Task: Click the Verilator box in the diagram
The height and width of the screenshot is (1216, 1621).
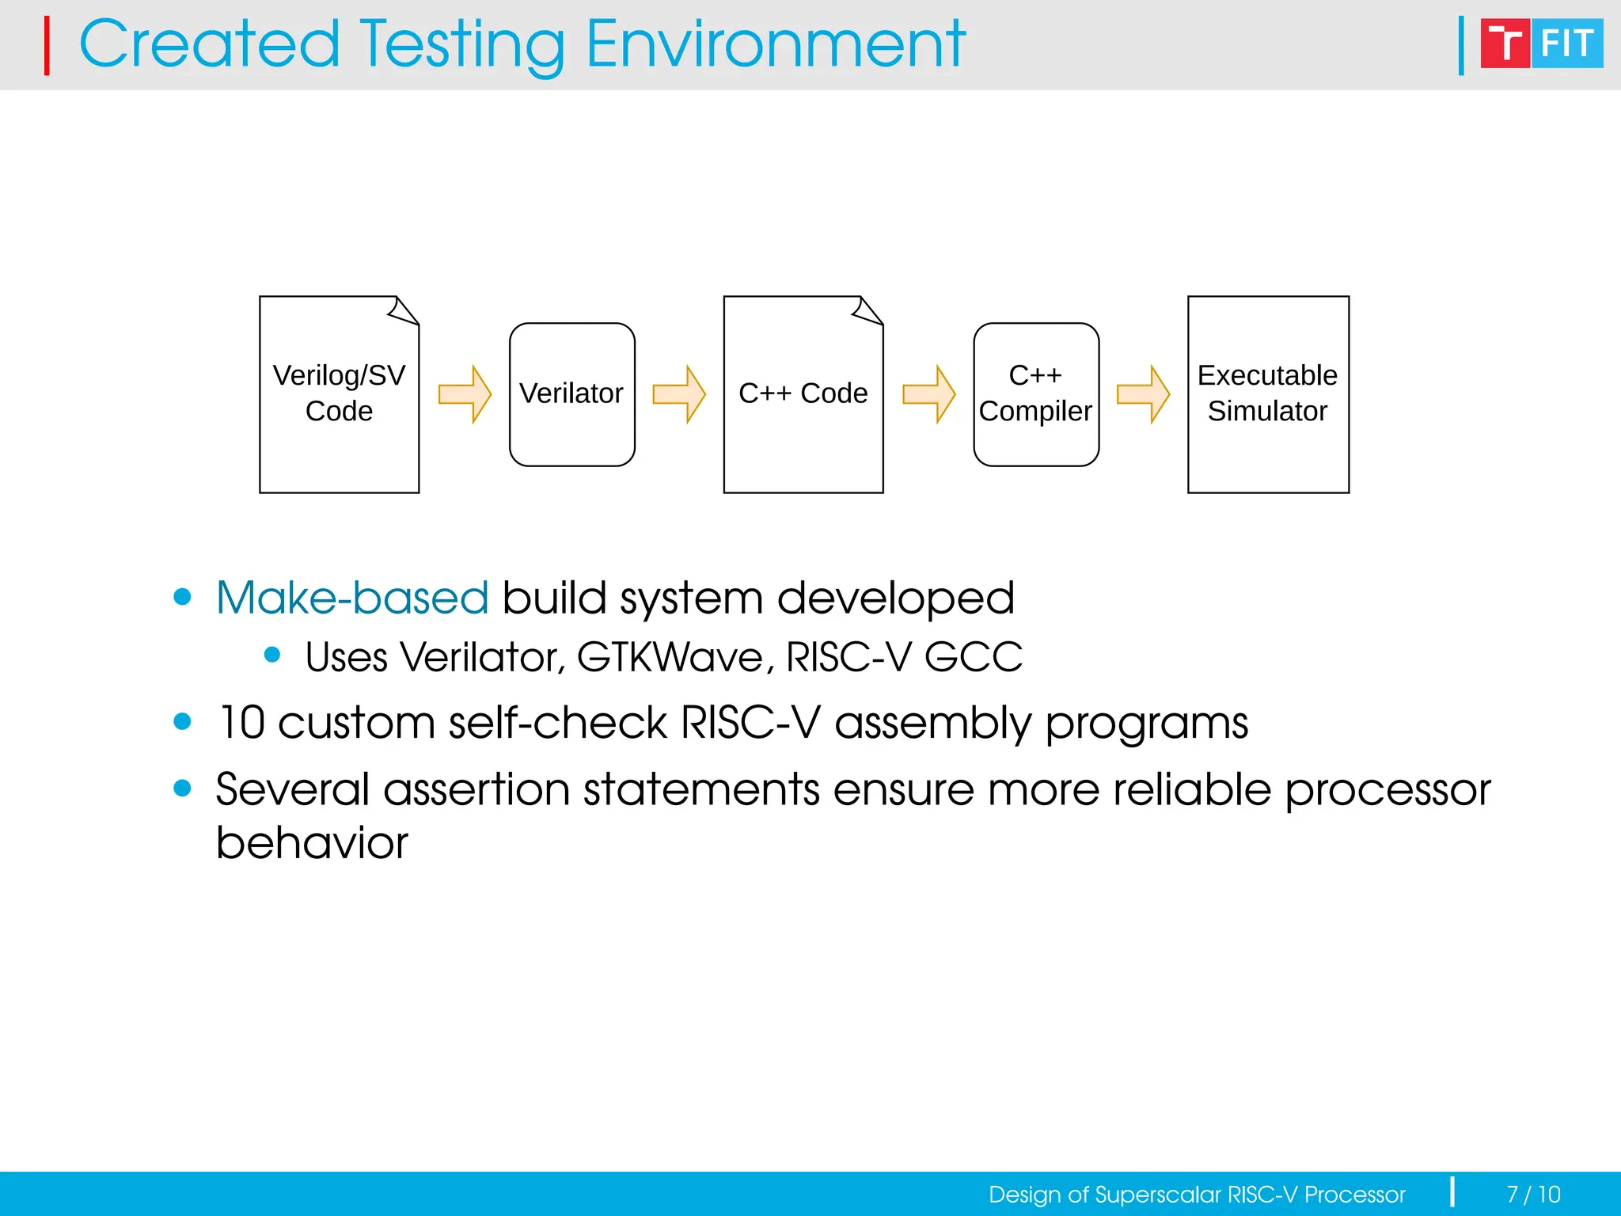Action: pyautogui.click(x=571, y=393)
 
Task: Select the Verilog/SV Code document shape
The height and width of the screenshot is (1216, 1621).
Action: pyautogui.click(x=339, y=393)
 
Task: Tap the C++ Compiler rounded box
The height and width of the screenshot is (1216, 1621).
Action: pyautogui.click(x=1035, y=393)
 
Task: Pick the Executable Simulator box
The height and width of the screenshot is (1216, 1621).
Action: pyautogui.click(x=1267, y=393)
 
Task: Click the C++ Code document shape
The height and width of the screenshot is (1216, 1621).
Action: pyautogui.click(x=803, y=393)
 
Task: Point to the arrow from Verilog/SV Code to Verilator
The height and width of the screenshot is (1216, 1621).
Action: pyautogui.click(x=465, y=393)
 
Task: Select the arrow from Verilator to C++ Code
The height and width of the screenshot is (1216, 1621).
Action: pyautogui.click(x=679, y=393)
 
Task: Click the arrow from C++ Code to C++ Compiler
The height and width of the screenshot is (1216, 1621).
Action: pyautogui.click(x=929, y=393)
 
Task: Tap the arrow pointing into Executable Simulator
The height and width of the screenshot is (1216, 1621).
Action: pyautogui.click(x=1143, y=393)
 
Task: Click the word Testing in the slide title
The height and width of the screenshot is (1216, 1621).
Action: pyautogui.click(x=463, y=45)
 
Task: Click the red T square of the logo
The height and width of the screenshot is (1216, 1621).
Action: pyautogui.click(x=1505, y=44)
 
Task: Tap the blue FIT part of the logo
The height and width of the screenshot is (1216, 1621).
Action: pyautogui.click(x=1568, y=44)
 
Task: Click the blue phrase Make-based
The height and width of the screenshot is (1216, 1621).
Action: pyautogui.click(x=352, y=598)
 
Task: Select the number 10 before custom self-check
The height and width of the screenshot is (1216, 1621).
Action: pyautogui.click(x=241, y=722)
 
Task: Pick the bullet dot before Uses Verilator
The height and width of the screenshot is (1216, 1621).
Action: pyautogui.click(x=272, y=655)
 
